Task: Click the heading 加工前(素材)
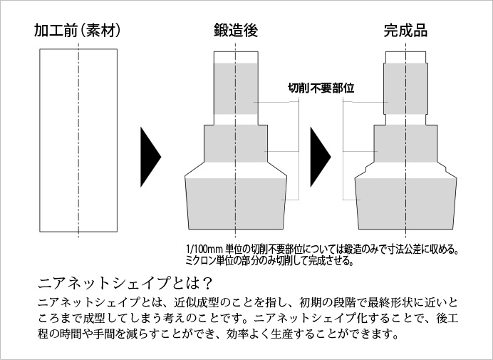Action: click(76, 30)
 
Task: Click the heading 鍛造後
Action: click(235, 30)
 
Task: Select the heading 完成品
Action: click(405, 30)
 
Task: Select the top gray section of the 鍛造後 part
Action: click(235, 88)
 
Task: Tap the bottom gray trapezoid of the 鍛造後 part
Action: click(235, 203)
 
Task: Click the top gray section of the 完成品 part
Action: click(405, 87)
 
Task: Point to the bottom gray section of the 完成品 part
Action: click(405, 203)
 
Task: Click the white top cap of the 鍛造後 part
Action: click(235, 57)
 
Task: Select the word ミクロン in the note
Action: click(202, 260)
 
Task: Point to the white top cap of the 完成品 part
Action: click(405, 57)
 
